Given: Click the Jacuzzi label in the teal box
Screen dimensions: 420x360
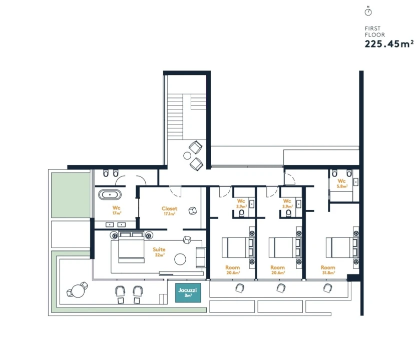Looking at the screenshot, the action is [188, 292].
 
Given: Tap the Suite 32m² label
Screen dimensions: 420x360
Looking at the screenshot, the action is [159, 252].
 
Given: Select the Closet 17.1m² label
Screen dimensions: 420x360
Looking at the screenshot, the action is [169, 211].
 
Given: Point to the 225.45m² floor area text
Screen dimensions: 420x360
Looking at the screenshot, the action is [389, 43].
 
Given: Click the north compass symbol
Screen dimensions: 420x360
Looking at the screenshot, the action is [368, 11].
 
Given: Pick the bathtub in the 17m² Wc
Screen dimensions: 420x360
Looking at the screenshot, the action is [110, 194].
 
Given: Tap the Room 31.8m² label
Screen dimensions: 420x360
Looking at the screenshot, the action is [328, 269].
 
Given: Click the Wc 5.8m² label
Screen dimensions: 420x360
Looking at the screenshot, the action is [342, 183].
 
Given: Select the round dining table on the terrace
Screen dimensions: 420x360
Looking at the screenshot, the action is [78, 290].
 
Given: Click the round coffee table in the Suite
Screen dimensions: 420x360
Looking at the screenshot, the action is [180, 259].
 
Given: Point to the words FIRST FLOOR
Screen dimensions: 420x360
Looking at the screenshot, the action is [375, 31].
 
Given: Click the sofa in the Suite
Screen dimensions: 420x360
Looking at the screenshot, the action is [201, 257].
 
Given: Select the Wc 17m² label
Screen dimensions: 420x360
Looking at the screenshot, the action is [117, 210].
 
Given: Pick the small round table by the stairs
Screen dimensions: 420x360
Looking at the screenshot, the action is [187, 155].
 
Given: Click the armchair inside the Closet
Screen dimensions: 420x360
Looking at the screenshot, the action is [192, 211].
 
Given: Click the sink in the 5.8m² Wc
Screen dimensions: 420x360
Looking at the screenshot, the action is [356, 182].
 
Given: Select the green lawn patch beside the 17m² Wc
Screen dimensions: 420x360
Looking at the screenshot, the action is [71, 195].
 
